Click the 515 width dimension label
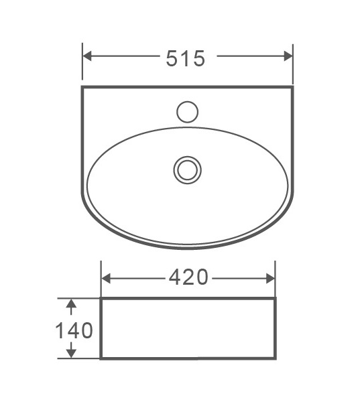tap(186, 58)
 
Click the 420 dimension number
tap(188, 276)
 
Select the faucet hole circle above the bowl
tap(187, 111)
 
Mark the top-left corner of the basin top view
tap(82, 86)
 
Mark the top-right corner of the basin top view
tap(293, 86)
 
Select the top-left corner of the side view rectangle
tap(101, 299)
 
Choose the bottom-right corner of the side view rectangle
tap(275, 358)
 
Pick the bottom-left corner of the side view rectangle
tap(101, 358)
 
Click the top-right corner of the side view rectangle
tap(275, 299)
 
